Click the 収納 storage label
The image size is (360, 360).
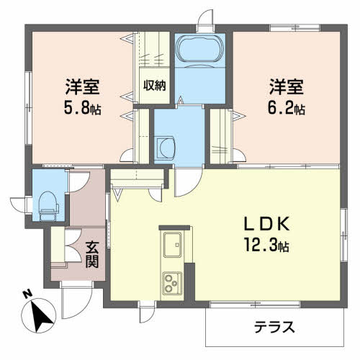coord(154,85)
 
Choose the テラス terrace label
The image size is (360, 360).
coord(274,328)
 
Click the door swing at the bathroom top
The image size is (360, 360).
coord(206,19)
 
